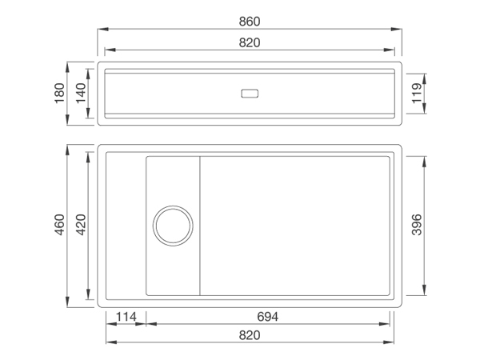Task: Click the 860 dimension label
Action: click(250, 22)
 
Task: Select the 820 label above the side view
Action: click(250, 42)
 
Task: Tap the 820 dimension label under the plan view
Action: click(250, 335)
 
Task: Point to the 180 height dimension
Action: click(60, 94)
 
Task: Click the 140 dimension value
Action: click(81, 94)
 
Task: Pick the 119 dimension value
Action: click(417, 94)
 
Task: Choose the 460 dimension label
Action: click(60, 225)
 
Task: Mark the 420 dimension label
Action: click(81, 225)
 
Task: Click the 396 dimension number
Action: click(417, 225)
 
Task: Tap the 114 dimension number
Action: click(126, 317)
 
